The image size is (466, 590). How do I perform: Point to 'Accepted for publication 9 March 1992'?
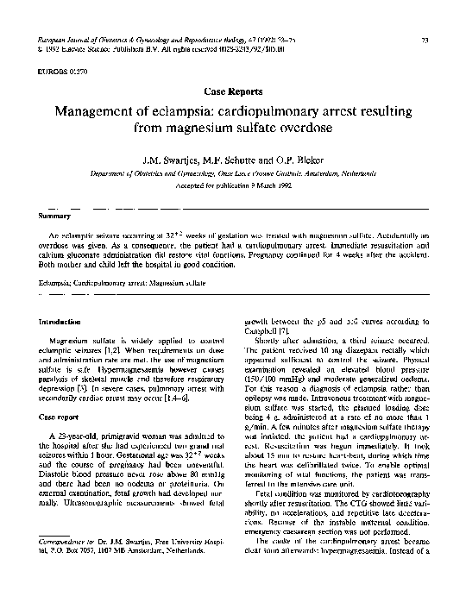(x=233, y=183)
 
